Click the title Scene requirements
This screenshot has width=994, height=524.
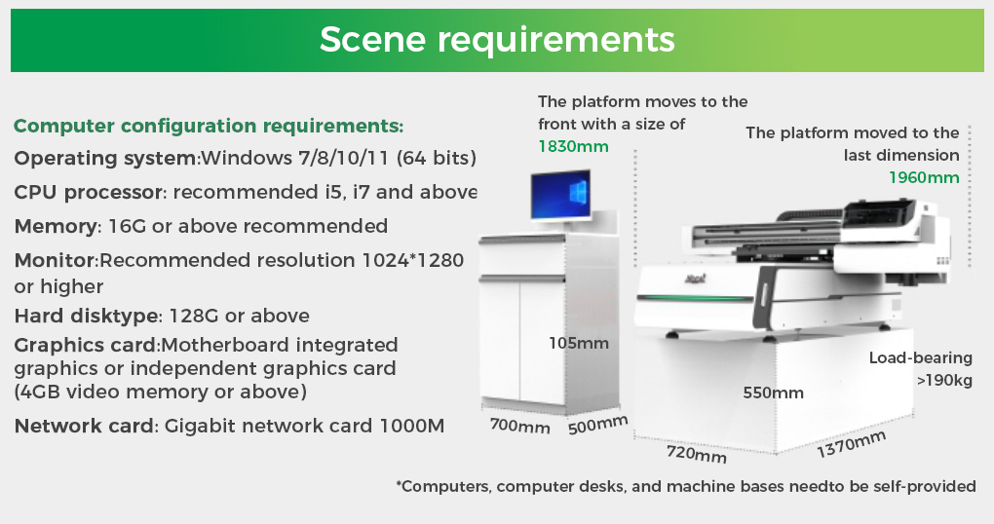497,39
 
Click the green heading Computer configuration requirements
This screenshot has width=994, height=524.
209,126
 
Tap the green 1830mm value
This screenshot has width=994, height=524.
573,146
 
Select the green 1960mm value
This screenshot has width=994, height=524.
924,177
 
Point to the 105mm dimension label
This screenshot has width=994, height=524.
579,344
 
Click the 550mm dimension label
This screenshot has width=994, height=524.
774,393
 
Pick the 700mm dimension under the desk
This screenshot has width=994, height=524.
519,426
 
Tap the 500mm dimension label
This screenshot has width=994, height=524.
597,425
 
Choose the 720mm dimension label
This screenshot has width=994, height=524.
696,454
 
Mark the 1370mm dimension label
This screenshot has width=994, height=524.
851,443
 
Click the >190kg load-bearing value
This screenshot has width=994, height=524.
944,381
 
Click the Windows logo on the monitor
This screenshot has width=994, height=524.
578,191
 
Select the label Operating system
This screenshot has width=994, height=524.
106,159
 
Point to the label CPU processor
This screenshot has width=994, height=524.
88,192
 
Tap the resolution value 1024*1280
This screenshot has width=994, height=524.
412,260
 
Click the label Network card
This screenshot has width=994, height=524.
85,426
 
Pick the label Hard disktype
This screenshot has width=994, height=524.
87,316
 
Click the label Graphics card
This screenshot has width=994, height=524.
86,345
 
